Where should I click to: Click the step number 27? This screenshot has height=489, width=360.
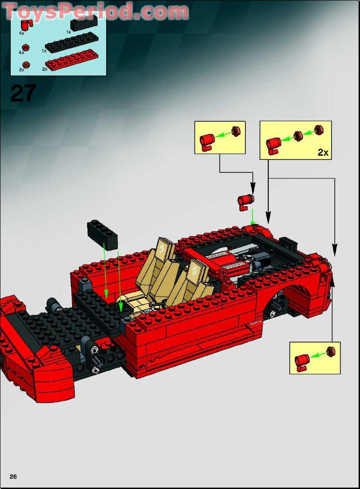point(22,93)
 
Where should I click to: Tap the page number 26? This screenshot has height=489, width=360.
point(13,476)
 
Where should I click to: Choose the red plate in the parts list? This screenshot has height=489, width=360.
point(73,59)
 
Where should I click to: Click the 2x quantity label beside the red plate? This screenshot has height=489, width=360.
point(45,69)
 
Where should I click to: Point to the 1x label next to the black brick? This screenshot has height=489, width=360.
point(68,32)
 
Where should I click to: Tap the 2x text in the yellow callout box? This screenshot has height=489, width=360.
point(323,152)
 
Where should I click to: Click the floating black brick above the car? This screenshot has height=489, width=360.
point(102,234)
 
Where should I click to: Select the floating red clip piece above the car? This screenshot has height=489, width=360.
point(245,202)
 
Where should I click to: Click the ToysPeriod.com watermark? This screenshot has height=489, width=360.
point(95,12)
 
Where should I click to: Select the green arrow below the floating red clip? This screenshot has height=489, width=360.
point(252,217)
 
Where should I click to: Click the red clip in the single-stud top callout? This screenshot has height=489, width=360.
point(206,140)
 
